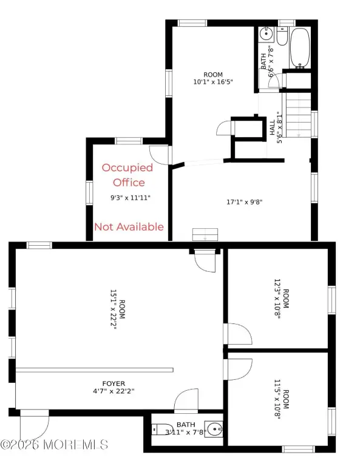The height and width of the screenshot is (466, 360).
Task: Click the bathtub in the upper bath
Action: (300, 48)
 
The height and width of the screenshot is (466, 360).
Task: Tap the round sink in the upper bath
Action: (266, 33)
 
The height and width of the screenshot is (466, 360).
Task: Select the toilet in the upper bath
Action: (282, 36)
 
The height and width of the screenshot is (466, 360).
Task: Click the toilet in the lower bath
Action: (162, 430)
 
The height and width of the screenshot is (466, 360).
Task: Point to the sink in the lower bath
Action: (215, 429)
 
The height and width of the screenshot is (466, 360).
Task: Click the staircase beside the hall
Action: (299, 115)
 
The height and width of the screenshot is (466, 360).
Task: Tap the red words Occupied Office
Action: (128, 175)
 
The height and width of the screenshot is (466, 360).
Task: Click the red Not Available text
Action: (129, 227)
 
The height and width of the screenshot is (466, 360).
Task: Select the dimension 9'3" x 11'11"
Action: (131, 198)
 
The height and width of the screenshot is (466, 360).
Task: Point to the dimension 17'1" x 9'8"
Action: (245, 202)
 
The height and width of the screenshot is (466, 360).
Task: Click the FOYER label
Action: (114, 383)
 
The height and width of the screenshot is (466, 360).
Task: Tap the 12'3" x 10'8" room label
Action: (281, 299)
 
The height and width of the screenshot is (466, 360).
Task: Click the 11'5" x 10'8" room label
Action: (281, 399)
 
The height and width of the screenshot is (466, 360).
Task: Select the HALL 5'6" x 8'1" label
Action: (276, 127)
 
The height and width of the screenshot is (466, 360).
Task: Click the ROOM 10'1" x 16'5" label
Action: (213, 78)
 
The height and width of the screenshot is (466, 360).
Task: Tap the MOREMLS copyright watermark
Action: (54, 445)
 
